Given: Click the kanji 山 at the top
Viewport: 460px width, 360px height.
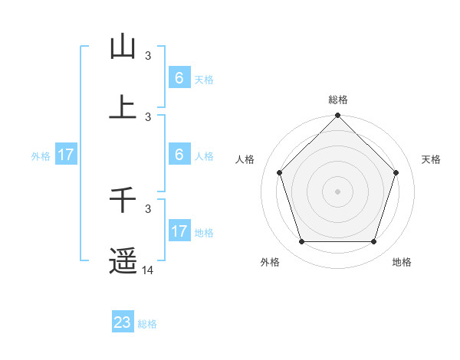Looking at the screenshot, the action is coord(123,47).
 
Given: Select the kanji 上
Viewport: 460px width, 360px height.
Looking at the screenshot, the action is coord(123,107).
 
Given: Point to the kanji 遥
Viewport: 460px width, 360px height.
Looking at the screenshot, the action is coord(123,261).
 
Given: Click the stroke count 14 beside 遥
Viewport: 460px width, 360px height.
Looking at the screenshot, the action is coord(148,270).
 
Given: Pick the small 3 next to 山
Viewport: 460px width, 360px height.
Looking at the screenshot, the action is coord(148,56).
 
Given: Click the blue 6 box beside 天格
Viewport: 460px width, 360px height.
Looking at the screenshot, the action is coord(179,78).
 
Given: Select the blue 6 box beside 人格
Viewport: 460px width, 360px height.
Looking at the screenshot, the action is coord(179,155).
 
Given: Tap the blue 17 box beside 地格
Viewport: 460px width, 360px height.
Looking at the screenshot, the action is coord(179,231).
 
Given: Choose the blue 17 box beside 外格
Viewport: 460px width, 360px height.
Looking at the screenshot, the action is coord(66,155).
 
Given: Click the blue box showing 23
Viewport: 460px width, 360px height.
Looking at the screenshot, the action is coord(123,322).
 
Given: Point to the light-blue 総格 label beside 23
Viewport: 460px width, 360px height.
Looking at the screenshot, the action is coord(148,324).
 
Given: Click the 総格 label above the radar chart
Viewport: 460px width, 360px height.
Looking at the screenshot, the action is coord(337,100).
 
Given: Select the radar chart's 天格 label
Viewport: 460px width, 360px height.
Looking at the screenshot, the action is coord(432,159).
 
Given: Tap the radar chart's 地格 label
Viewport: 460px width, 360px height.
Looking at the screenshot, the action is coord(402,263).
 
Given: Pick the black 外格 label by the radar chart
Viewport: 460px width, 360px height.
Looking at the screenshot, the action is coord(270,263).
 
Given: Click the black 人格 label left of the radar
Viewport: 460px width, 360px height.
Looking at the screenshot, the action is coord(245,159).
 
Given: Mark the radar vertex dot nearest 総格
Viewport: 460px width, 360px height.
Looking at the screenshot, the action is coord(337,116).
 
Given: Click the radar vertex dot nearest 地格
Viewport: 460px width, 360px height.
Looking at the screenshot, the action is coord(373,242).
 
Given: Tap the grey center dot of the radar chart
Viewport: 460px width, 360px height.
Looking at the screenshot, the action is coord(337,191).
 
